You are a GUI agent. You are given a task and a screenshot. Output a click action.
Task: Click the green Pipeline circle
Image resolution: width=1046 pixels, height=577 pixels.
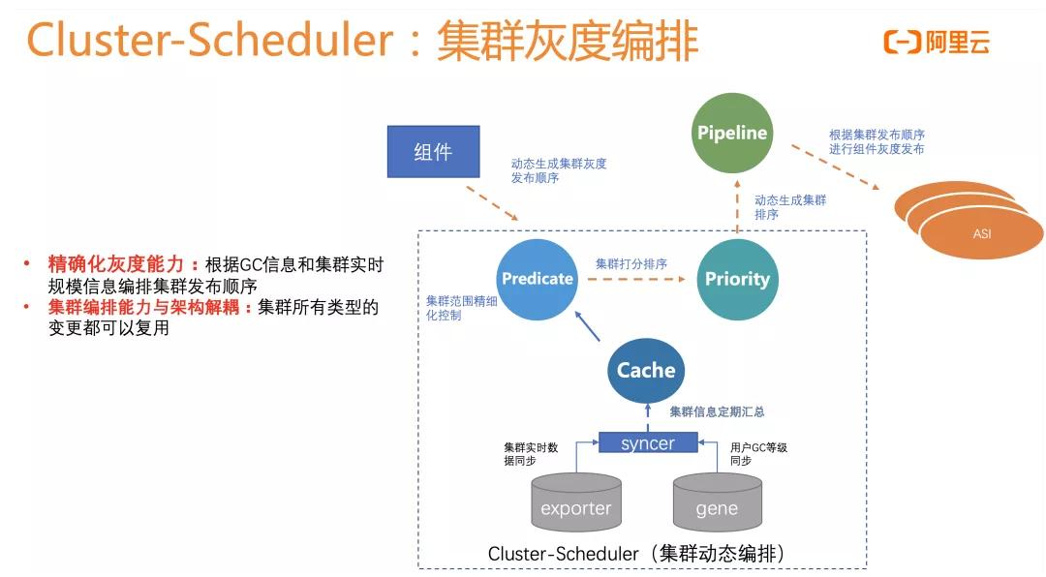732,133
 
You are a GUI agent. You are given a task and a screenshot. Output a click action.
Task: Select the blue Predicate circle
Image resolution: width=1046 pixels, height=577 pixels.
537,279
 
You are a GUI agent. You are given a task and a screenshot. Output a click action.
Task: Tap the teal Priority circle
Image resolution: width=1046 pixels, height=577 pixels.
736,279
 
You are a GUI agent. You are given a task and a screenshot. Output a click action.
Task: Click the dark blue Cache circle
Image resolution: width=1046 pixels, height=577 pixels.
646,370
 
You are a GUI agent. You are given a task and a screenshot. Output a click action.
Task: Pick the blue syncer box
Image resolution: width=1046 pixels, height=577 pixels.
648,442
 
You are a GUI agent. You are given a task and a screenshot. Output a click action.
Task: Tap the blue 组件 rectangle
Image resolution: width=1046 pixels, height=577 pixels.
433,152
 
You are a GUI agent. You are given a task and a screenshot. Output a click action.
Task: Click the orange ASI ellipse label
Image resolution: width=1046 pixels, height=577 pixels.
981,233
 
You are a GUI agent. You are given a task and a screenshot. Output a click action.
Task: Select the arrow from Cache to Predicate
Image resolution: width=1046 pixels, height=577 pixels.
588,327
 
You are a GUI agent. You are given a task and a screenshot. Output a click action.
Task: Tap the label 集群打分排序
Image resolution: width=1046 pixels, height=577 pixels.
631,263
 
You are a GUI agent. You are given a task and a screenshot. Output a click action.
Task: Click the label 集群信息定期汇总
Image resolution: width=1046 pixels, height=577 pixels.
717,411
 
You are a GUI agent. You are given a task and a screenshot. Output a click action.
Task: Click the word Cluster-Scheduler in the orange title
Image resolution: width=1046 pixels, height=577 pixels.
209,41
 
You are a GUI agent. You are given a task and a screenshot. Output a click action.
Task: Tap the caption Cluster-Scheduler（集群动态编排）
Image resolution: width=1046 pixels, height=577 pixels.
639,555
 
